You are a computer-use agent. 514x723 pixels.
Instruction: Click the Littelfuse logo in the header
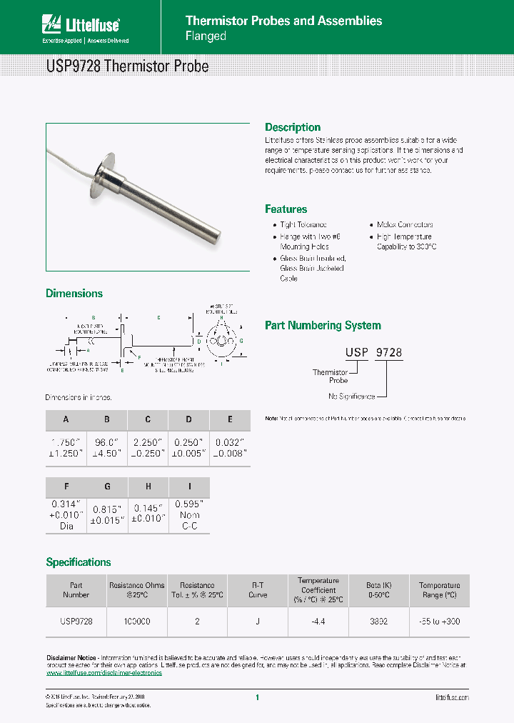pos(80,26)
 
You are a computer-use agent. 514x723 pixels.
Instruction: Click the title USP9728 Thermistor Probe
pos(127,66)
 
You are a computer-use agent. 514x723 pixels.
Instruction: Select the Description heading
pos(293,127)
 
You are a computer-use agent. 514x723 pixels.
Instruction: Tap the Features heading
pos(286,209)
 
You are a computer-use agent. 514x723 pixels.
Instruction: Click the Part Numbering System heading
pos(323,325)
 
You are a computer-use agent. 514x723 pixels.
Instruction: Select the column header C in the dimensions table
pos(148,420)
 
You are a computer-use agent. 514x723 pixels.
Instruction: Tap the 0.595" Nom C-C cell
pos(189,514)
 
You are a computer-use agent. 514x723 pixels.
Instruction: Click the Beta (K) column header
pos(378,590)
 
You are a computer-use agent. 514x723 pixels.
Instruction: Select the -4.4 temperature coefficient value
pos(318,622)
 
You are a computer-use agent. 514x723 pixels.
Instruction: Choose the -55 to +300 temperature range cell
pos(439,622)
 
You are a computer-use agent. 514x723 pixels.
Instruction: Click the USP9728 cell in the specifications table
pos(76,622)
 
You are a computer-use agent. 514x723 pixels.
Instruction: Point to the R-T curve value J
pos(257,622)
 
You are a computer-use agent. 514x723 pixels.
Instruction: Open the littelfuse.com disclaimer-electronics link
pos(104,673)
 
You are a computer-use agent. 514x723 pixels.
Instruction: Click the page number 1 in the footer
pos(257,698)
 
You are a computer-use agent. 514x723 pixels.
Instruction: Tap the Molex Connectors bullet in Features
pos(405,224)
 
